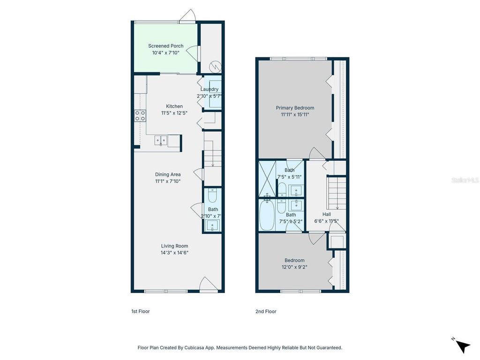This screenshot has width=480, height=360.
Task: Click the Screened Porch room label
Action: pyautogui.click(x=166, y=46)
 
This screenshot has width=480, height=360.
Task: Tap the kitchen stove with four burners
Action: pyautogui.click(x=140, y=115)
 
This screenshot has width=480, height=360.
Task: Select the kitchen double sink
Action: pyautogui.click(x=161, y=140)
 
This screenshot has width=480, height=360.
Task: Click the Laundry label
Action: pyautogui.click(x=210, y=89)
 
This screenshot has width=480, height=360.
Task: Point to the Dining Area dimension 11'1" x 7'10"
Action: pyautogui.click(x=168, y=181)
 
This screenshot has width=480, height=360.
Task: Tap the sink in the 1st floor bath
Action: pyautogui.click(x=212, y=226)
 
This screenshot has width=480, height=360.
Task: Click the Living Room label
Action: pyautogui.click(x=174, y=246)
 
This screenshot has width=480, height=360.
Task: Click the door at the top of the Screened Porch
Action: pyautogui.click(x=187, y=17)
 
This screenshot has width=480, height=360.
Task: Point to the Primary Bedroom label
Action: pyautogui.click(x=295, y=108)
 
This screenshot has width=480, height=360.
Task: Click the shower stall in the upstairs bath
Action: pyautogui.click(x=267, y=179)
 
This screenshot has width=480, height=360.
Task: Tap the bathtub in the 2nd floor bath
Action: pyautogui.click(x=267, y=215)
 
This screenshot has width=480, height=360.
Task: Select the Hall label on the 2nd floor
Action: pyautogui.click(x=326, y=214)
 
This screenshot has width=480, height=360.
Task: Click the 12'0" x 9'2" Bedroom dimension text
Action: pyautogui.click(x=294, y=267)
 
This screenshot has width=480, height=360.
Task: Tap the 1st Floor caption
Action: pyautogui.click(x=140, y=311)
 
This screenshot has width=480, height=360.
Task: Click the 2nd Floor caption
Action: pyautogui.click(x=266, y=311)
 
